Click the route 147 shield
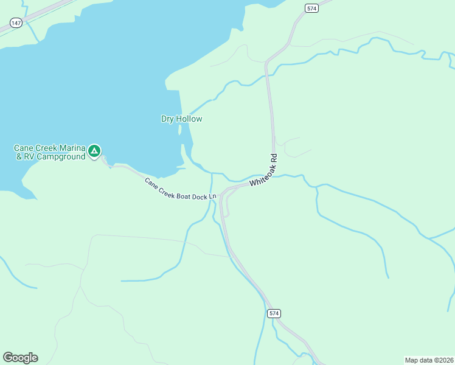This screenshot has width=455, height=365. tap(16, 23)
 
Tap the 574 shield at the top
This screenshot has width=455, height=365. tap(312, 8)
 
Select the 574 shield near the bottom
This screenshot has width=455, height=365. tap(274, 313)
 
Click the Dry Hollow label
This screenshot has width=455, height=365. tap(181, 119)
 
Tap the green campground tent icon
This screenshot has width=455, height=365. tap(94, 150)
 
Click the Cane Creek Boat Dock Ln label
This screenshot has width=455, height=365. tap(181, 189)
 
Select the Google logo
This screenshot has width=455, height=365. tap(20, 357)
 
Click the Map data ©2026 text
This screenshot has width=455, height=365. tap(429, 360)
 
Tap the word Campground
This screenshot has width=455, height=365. tap(60, 156)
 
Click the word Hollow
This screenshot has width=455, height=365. tap(189, 119)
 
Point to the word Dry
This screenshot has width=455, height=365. tap(168, 119)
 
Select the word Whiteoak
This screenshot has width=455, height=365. tap(260, 174)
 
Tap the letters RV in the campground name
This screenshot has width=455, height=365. tap(29, 156)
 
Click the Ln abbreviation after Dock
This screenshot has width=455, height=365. tap(212, 196)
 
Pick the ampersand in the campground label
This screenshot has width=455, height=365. tap(18, 156)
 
